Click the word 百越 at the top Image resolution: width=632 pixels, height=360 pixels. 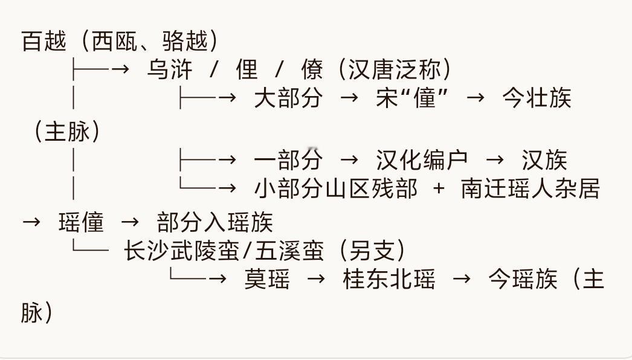[x=44, y=41]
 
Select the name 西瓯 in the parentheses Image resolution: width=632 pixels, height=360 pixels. [x=115, y=41]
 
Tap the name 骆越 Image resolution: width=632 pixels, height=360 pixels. [x=185, y=41]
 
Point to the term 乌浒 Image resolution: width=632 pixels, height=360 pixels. [x=169, y=69]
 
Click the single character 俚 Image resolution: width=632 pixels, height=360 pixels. [x=247, y=69]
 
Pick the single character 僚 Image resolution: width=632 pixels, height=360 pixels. [x=312, y=69]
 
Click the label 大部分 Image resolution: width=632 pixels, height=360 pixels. [x=289, y=98]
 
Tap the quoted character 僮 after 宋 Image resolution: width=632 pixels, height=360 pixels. [x=425, y=98]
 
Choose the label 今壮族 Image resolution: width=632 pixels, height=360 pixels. [x=537, y=98]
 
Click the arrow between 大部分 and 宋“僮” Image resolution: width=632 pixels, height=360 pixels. [x=349, y=98]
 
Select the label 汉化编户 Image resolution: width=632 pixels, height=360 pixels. [x=422, y=160]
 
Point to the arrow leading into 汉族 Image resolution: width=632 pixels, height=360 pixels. [x=495, y=160]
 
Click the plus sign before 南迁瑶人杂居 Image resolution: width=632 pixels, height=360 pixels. [x=439, y=188]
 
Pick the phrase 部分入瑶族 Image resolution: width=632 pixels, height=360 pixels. [x=215, y=222]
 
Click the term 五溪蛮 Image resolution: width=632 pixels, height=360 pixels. [x=289, y=250]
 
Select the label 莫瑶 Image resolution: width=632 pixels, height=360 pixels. [x=267, y=279]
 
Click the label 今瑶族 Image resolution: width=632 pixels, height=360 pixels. [x=523, y=279]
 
